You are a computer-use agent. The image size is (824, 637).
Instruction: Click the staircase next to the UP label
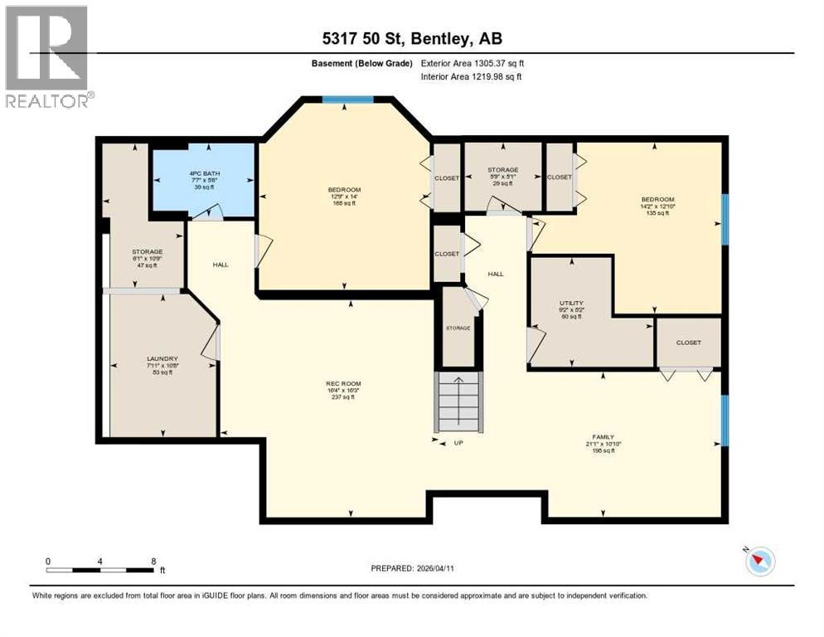click(458, 401)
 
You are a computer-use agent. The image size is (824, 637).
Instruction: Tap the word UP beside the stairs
click(458, 443)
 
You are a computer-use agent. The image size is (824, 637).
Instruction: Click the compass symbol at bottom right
click(759, 562)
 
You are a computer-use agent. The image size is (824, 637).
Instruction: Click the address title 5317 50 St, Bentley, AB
click(412, 38)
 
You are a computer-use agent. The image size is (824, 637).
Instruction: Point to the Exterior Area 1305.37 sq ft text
click(473, 63)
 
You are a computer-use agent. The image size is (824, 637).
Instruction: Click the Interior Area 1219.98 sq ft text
click(472, 77)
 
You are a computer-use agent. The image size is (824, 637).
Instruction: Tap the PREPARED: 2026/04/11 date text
click(414, 568)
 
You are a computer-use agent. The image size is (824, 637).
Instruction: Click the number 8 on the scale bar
click(153, 561)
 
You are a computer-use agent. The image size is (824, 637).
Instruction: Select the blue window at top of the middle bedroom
click(347, 100)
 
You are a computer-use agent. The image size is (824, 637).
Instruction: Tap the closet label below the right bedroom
click(688, 343)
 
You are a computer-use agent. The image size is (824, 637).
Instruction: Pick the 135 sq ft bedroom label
click(657, 206)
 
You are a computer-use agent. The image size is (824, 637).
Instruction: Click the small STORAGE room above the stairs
click(458, 327)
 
